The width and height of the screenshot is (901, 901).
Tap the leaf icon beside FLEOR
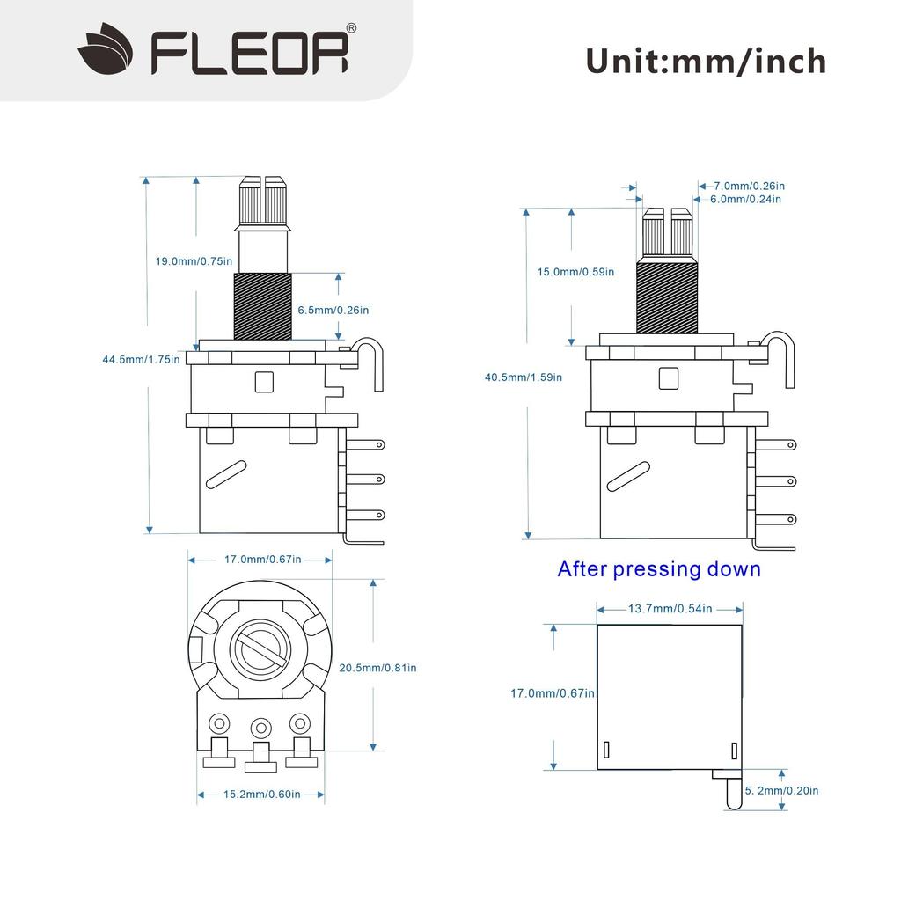tap(106, 51)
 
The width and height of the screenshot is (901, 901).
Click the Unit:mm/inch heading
tap(706, 61)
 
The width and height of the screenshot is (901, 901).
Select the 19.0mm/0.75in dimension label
tap(194, 261)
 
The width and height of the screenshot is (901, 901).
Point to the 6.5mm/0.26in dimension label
tap(333, 310)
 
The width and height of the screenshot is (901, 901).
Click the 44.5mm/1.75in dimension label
tap(141, 358)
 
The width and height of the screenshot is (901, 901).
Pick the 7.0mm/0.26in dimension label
tap(749, 186)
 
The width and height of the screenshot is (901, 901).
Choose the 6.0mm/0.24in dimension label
tap(745, 200)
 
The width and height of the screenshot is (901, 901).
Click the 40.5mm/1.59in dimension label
tap(524, 377)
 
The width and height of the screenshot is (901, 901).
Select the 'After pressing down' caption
tap(659, 569)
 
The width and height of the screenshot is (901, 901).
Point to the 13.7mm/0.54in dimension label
tap(670, 609)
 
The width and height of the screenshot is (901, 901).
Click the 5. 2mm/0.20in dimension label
tap(781, 790)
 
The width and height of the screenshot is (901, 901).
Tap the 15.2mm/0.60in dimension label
tap(261, 794)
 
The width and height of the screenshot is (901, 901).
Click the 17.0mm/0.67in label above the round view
tap(262, 560)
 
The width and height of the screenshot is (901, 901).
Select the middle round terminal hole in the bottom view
tap(260, 727)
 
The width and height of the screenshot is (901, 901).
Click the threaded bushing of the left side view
tap(262, 304)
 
